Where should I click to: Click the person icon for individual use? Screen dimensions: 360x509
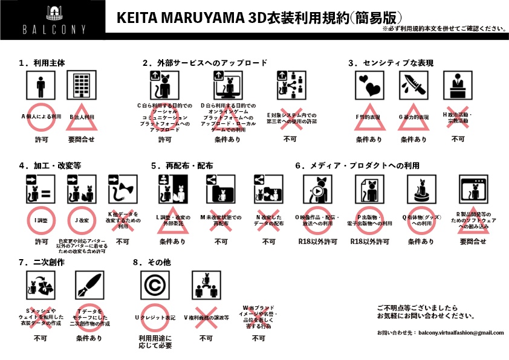41,86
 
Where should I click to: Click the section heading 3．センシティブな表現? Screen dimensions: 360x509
391,62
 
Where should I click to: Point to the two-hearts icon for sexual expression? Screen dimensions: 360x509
369,86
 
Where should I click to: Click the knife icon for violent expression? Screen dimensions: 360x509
413,86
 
